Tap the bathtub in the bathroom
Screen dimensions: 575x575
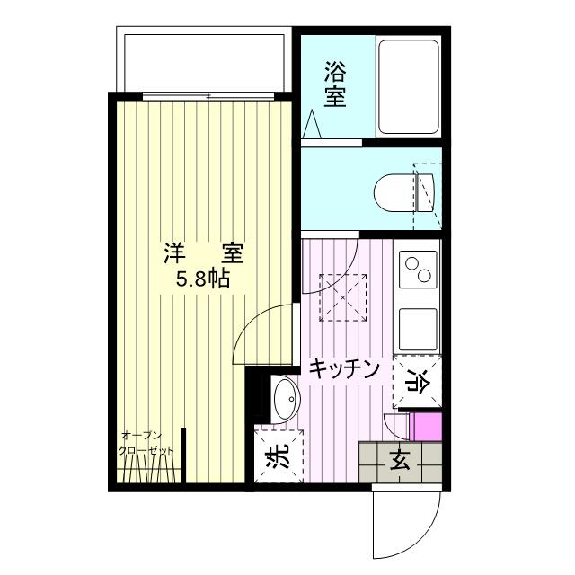pos(409,87)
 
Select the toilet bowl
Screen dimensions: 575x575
pos(403,192)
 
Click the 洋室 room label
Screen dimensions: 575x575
pos(203,253)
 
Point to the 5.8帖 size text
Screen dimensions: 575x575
pos(203,279)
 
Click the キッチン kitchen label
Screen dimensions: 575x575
pos(344,369)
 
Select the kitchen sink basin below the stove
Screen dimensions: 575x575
pos(418,330)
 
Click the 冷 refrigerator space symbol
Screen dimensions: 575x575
pos(417,382)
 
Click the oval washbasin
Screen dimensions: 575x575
pos(286,399)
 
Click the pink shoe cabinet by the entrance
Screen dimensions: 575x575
pos(425,427)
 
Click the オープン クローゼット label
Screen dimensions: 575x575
pos(146,443)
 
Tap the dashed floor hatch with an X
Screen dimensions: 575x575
pos(343,297)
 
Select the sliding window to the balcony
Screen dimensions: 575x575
pos(208,96)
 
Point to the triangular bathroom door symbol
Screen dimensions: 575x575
pos(313,124)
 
